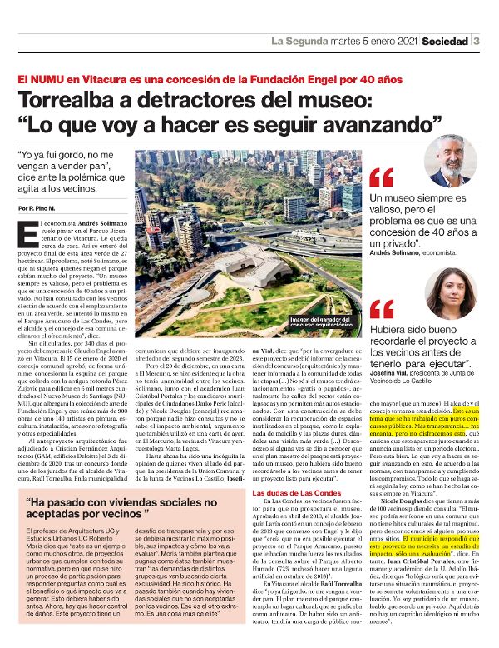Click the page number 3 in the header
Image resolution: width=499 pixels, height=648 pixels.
coord(477,41)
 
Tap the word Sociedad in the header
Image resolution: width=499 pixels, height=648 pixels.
coord(444,41)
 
